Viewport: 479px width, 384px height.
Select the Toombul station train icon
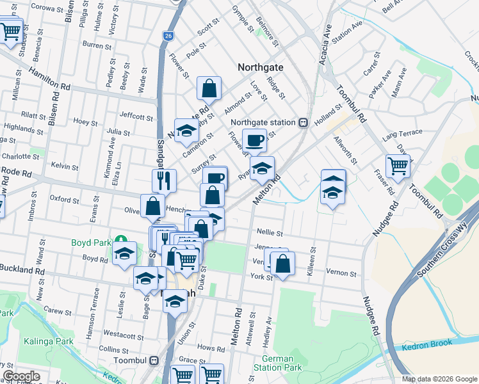(154, 360)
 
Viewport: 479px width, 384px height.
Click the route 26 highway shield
(167, 36)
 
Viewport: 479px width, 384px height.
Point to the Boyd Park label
(89, 243)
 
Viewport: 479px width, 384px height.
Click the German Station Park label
(282, 363)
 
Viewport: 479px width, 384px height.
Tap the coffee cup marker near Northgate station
(255, 140)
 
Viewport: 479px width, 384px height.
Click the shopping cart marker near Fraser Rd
(398, 166)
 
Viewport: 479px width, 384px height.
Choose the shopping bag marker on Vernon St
(282, 262)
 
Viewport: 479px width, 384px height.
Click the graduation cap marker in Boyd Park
(124, 253)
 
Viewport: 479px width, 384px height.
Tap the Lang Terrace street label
(402, 132)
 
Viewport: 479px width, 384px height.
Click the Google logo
(21, 376)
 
